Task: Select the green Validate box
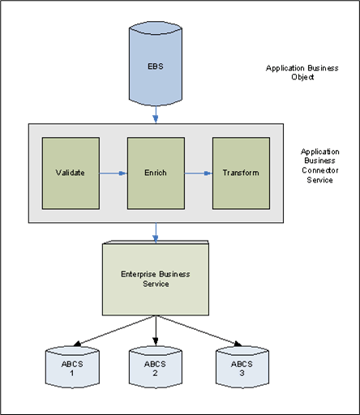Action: point(71,172)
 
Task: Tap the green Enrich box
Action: point(155,172)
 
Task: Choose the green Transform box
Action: point(241,172)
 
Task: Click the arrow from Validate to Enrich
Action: point(114,172)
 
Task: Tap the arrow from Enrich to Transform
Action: point(198,172)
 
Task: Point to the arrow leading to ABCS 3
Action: point(199,331)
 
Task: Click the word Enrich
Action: point(155,173)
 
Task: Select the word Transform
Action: point(241,173)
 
